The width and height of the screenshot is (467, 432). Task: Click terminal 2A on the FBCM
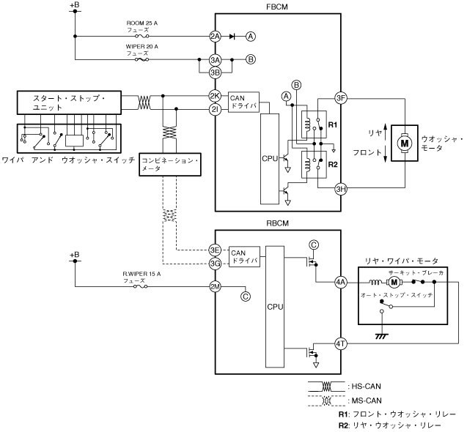215,37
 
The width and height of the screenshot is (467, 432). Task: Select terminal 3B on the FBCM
215,72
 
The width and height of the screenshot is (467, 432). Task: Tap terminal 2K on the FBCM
215,96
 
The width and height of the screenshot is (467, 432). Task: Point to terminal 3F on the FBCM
340,98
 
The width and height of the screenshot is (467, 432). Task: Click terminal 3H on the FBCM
340,189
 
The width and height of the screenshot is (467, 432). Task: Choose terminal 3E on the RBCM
215,250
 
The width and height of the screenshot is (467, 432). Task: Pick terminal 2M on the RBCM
215,287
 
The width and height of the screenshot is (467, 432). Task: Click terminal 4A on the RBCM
340,282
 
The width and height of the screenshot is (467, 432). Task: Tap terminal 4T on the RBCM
340,343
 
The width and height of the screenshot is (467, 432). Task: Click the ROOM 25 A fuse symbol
141,37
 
